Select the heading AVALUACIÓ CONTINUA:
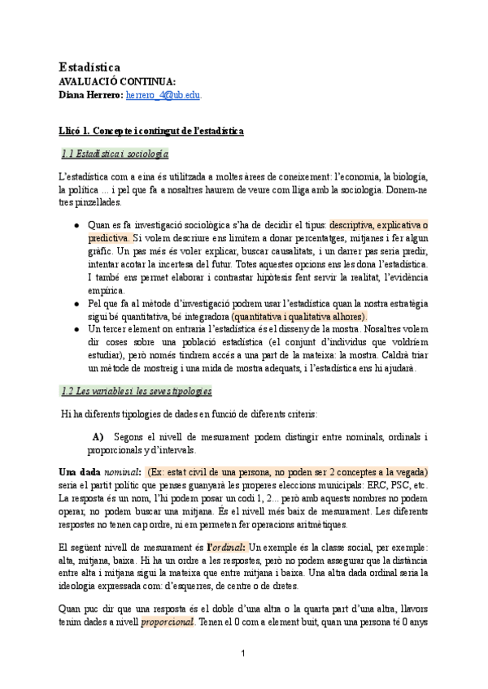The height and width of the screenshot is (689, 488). [117, 81]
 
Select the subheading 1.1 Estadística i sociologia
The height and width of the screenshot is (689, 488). [115, 153]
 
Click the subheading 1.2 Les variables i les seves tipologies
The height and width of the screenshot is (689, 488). [137, 391]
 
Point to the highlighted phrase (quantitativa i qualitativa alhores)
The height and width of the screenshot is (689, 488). [298, 316]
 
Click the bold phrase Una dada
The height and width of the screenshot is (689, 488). [80, 472]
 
